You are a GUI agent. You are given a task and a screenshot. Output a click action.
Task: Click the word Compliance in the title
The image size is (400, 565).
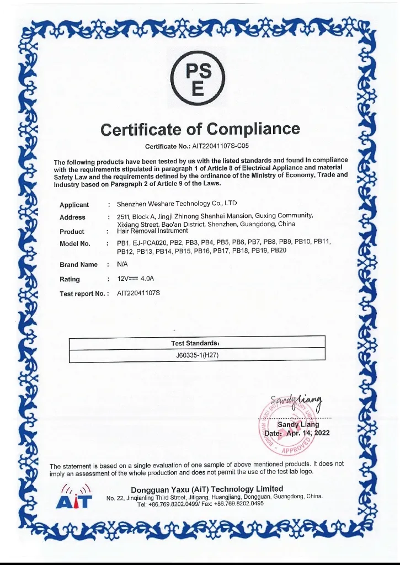click(254, 130)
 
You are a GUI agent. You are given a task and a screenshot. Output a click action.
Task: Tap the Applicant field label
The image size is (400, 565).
click(74, 205)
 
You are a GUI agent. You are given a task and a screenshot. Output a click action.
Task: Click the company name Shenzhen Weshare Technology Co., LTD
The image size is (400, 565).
click(177, 204)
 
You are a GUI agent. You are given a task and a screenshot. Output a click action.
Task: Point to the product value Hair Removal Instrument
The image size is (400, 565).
click(152, 231)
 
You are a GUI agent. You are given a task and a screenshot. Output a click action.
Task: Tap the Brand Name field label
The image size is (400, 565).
click(78, 265)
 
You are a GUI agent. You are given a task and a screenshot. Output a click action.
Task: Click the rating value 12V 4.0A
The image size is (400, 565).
click(132, 279)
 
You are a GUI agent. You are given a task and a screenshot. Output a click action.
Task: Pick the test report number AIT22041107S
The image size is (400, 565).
click(138, 293)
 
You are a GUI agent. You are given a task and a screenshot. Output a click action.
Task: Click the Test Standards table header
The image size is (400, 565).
click(196, 343)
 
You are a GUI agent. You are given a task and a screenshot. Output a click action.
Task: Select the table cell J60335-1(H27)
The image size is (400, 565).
click(197, 355)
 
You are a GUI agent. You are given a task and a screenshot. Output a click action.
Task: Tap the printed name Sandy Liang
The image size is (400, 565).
click(298, 424)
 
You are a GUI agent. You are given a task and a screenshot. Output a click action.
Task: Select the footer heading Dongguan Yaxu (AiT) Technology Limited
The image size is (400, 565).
click(207, 489)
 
